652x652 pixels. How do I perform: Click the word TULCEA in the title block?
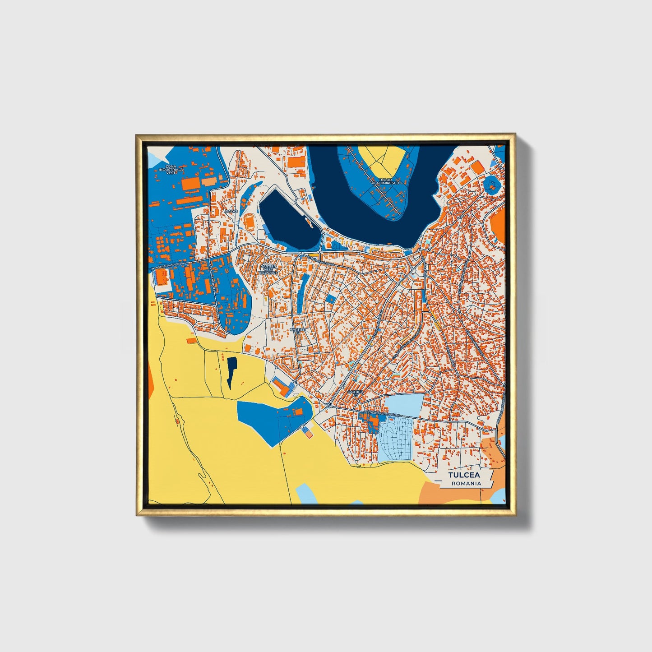(464, 475)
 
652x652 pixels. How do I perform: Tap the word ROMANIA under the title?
(467, 483)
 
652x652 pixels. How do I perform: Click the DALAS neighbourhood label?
(231, 211)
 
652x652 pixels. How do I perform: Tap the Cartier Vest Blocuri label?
(268, 269)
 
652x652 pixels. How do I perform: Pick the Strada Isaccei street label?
(169, 266)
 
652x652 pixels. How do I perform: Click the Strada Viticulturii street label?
(383, 413)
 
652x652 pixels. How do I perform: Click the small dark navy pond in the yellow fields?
(231, 371)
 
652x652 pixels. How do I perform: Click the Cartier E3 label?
(298, 331)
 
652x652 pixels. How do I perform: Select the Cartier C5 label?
(355, 393)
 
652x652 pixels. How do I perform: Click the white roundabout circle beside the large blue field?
(301, 426)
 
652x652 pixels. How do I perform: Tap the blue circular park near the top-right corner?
(491, 185)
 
